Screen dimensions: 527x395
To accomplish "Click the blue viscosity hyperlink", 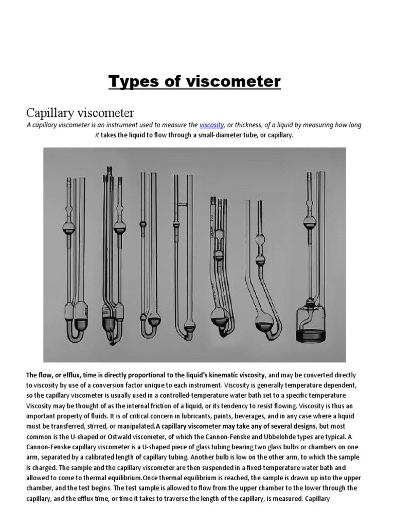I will coord(211,125).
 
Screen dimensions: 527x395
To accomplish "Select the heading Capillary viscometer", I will coord(80,112).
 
